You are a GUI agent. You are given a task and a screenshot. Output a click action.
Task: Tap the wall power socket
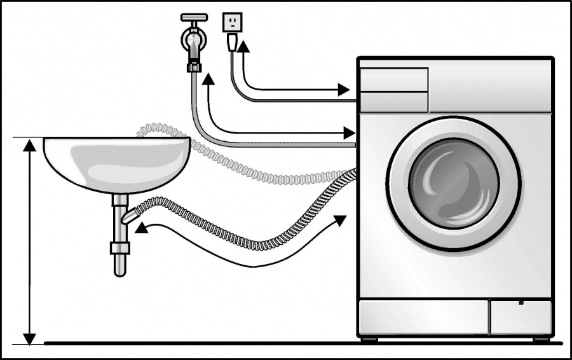tap(232, 22)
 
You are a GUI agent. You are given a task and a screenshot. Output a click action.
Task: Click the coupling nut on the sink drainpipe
tap(120, 247)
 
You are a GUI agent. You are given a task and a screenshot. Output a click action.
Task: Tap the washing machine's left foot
tap(369, 339)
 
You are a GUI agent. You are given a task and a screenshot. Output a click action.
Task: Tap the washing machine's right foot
tap(541, 339)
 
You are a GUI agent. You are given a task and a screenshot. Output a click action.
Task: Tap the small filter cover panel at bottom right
tap(521, 317)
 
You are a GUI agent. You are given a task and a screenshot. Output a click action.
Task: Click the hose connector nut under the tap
tap(194, 66)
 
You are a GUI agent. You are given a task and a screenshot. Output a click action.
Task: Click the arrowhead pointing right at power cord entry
tap(344, 88)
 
